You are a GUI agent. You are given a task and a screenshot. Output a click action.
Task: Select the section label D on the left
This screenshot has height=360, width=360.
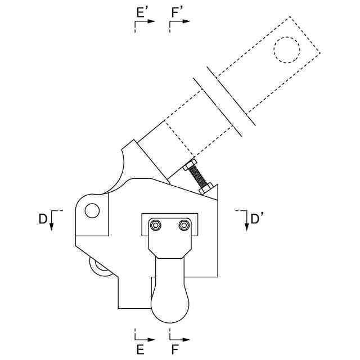[43, 219]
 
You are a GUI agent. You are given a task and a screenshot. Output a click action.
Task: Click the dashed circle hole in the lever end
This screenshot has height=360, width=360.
[287, 49]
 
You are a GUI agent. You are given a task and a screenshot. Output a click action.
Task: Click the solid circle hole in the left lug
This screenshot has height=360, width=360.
[92, 211]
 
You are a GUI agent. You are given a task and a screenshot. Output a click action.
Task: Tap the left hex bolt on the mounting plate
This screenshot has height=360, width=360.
[156, 226]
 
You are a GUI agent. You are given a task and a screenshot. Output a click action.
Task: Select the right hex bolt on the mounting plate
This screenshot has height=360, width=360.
[184, 226]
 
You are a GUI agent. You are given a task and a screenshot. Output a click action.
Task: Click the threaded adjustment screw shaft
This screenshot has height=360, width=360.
[198, 176]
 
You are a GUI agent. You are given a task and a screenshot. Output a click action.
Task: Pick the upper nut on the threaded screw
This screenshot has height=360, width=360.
[190, 165]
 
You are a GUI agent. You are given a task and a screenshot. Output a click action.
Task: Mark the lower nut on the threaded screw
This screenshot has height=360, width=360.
[206, 188]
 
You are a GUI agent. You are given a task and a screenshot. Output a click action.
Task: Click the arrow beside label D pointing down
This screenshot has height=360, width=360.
[51, 224]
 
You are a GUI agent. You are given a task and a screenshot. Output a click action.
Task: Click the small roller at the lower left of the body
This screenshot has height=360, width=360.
[101, 268]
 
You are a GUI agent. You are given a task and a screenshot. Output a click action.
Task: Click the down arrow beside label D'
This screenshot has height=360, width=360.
[246, 224]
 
